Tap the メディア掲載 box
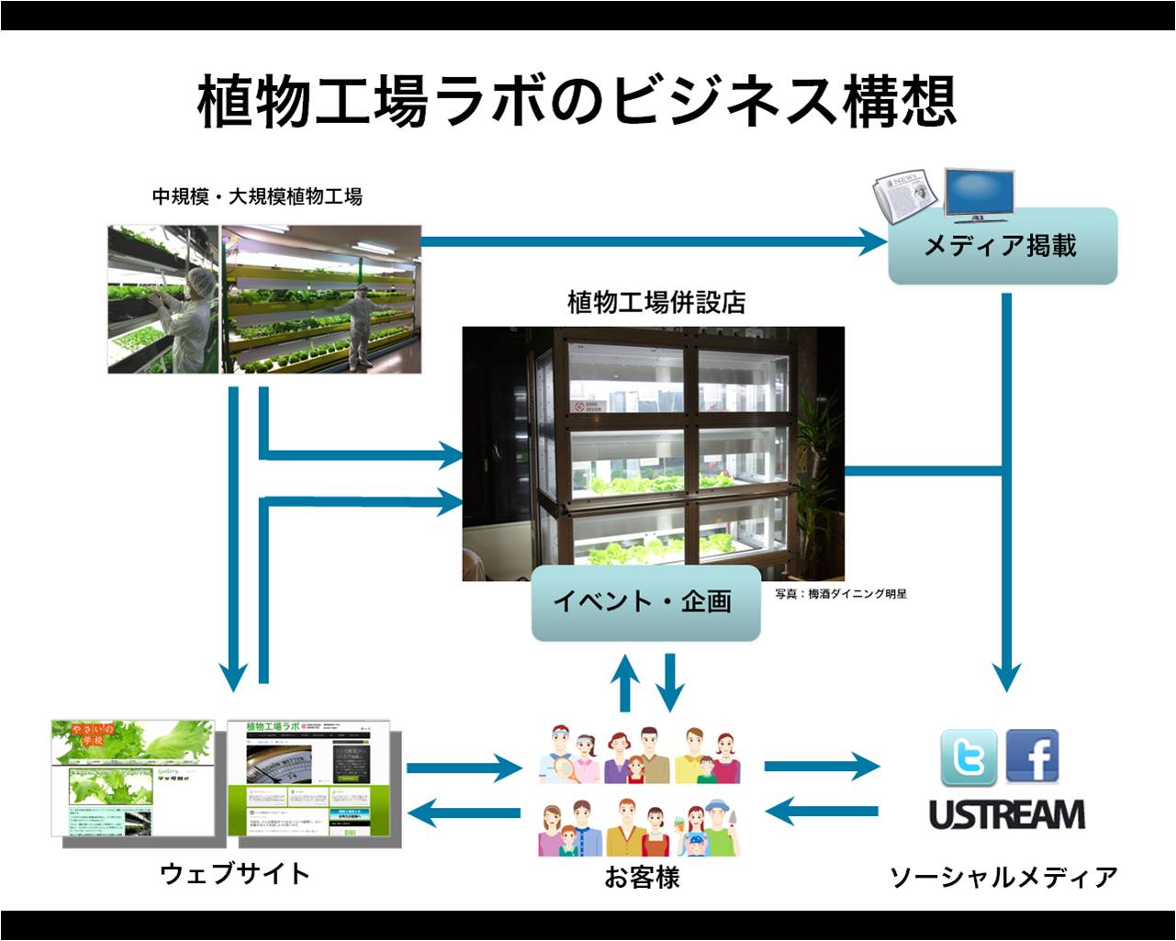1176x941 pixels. pyautogui.click(x=1002, y=246)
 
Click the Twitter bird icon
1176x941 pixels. pyautogui.click(x=969, y=757)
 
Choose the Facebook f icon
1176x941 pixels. pyautogui.click(x=1032, y=756)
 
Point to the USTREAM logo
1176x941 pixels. pyautogui.click(x=1006, y=814)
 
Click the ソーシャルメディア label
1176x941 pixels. pyautogui.click(x=1003, y=877)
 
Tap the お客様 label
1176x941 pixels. pyautogui.click(x=641, y=878)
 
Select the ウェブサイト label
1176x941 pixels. pyautogui.click(x=235, y=873)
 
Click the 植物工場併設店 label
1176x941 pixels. pyautogui.click(x=655, y=302)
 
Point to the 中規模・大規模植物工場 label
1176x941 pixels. pyautogui.click(x=257, y=196)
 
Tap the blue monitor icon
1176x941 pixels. pyautogui.click(x=979, y=194)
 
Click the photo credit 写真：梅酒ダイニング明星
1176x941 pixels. pyautogui.click(x=840, y=594)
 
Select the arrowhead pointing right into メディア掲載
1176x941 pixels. pyautogui.click(x=872, y=241)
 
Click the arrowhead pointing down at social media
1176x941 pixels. pyautogui.click(x=1007, y=677)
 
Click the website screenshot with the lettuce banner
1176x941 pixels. pyautogui.click(x=133, y=778)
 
